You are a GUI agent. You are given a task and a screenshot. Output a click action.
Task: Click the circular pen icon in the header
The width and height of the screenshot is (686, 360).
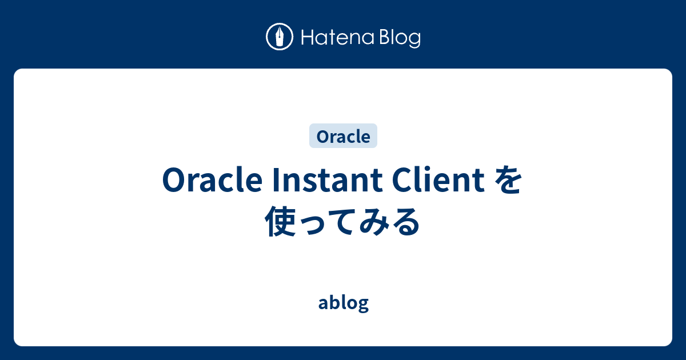tap(280, 37)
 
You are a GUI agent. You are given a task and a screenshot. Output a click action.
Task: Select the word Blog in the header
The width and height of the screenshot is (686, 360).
tap(398, 38)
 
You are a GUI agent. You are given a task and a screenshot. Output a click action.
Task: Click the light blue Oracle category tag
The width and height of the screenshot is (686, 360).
tap(343, 137)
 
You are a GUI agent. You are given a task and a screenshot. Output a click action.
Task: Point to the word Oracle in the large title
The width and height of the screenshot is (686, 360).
tap(208, 182)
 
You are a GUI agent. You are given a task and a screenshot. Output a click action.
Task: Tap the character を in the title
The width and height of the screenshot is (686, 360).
tap(507, 182)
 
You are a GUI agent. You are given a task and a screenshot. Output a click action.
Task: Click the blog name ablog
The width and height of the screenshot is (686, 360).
tap(343, 303)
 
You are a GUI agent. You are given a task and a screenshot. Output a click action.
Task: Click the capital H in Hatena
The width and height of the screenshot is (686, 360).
tap(306, 38)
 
